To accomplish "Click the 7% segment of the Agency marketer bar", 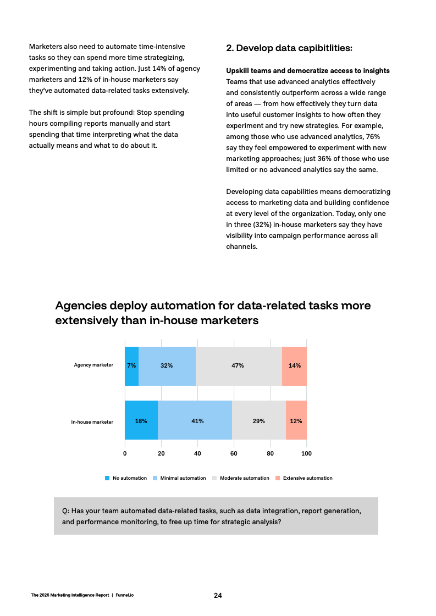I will point(131,365).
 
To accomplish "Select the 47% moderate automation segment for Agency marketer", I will point(239,365).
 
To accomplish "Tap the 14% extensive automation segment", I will point(294,365).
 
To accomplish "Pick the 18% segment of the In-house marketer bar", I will point(141,421).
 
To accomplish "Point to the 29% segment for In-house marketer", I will point(258,421).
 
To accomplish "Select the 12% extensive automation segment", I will point(296,421).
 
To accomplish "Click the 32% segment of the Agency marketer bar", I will point(167,365).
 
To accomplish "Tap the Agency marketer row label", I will point(93,365).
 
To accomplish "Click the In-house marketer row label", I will point(92,422).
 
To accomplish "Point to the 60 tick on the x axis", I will point(234,454).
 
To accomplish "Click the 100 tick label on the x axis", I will point(306,454).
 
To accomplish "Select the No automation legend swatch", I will point(107,478).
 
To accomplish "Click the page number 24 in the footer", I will point(218,595).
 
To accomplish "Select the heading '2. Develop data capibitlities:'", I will point(289,48).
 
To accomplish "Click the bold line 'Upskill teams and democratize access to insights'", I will point(308,71).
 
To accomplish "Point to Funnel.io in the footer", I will point(124,596).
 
